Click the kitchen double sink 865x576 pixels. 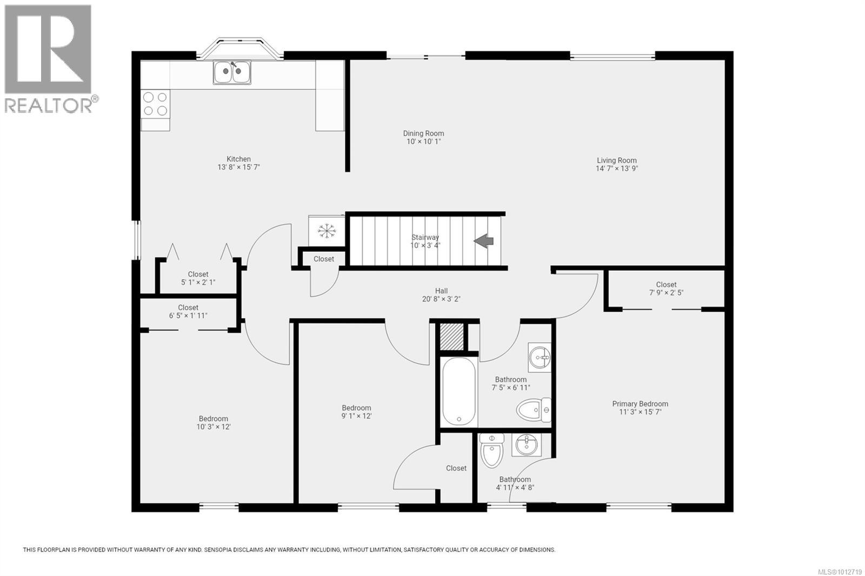tap(232, 72)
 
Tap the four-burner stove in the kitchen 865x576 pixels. tap(155, 104)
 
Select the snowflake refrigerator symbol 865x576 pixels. tap(327, 231)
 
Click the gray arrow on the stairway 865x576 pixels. tap(484, 241)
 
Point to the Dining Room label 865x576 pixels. tap(423, 133)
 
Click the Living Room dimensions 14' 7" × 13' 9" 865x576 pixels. tap(616, 169)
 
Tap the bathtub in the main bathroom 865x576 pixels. tap(460, 392)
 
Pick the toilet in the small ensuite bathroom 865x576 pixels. tap(491, 451)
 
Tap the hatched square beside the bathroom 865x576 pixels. tap(451, 336)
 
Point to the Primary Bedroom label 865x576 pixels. tap(640, 404)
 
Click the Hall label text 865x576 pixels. tap(441, 291)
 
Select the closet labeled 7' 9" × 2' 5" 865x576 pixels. tap(666, 289)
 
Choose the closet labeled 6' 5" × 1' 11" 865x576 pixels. tap(188, 312)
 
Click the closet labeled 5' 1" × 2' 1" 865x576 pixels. tap(198, 278)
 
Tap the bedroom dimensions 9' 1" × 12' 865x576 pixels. tap(356, 416)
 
